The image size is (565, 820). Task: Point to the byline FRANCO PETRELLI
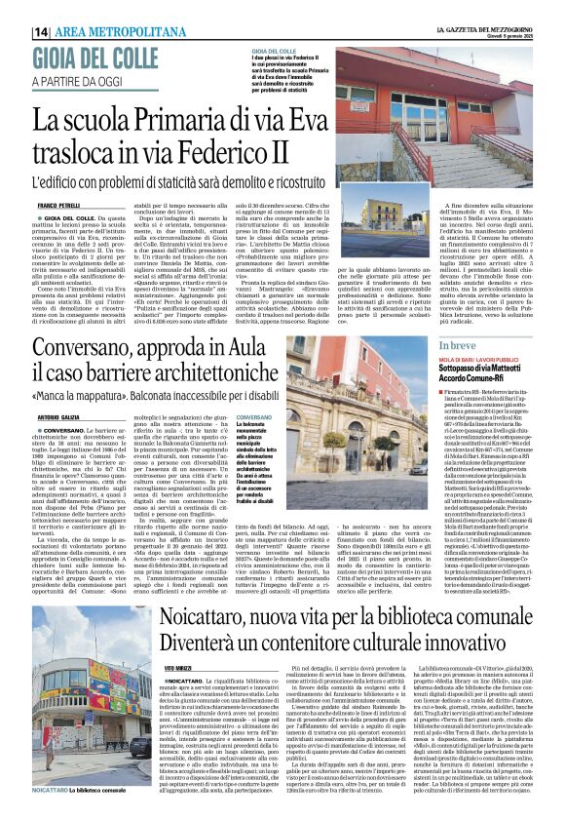[x=57, y=205]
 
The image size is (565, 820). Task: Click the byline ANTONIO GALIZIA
[x=57, y=414]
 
